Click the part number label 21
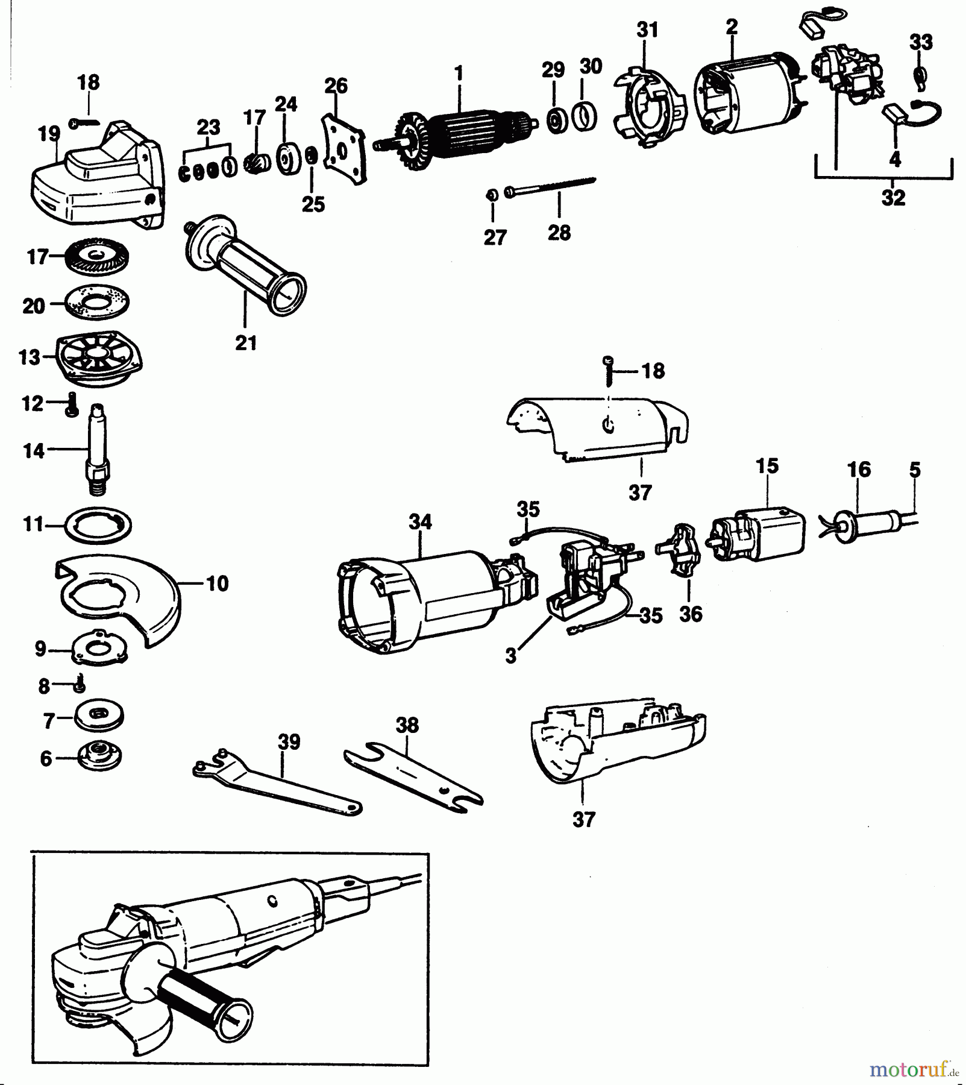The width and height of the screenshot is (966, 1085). pos(246,343)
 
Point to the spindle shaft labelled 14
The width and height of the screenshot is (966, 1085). pos(96,448)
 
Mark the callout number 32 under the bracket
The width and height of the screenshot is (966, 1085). pos(893,198)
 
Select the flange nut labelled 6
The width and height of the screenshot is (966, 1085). pos(99,756)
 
